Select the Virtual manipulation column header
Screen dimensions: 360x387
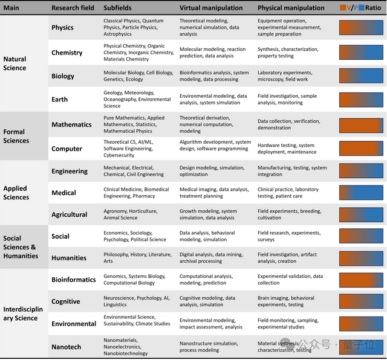(x=211, y=8)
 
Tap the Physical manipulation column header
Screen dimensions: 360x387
(x=291, y=8)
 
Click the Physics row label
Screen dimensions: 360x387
(x=63, y=28)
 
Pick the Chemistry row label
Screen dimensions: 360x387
(x=67, y=53)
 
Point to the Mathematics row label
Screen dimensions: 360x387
(x=71, y=125)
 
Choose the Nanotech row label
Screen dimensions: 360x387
(x=67, y=347)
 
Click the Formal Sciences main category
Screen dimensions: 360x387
(x=16, y=137)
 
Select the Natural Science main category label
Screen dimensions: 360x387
(x=15, y=63)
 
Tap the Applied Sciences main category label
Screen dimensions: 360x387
(x=16, y=193)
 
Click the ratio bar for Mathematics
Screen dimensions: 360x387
(x=361, y=125)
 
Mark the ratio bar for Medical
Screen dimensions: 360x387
(x=361, y=193)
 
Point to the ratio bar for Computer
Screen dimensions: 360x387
(x=361, y=149)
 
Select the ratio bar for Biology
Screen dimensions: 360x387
(x=361, y=76)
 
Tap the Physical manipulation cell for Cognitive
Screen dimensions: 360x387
(x=286, y=301)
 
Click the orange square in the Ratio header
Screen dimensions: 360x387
(x=343, y=8)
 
